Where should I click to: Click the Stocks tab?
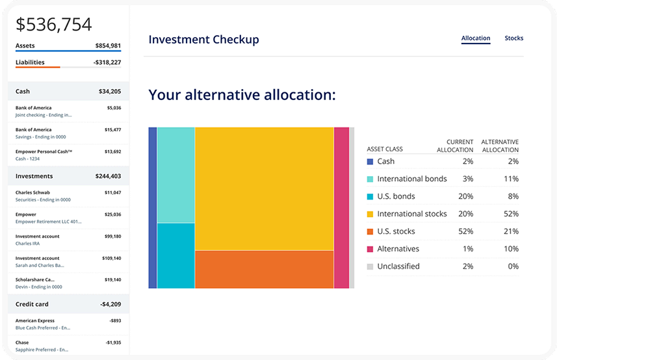tap(513, 38)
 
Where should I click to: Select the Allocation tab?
tap(476, 38)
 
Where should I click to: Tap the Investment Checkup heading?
tap(203, 40)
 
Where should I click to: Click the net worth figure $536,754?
tap(54, 25)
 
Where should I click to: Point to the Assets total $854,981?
tap(108, 45)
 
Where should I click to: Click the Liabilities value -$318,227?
tap(107, 62)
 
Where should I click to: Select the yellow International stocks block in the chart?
tap(264, 188)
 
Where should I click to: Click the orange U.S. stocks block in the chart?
tap(264, 269)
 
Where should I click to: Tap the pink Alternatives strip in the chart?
tap(341, 207)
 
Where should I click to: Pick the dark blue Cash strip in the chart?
tap(153, 207)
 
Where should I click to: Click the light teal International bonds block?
tap(175, 175)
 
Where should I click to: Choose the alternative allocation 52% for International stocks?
tap(510, 214)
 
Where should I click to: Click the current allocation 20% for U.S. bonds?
tap(465, 196)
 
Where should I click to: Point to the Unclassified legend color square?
tap(370, 266)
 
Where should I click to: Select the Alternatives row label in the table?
tap(398, 249)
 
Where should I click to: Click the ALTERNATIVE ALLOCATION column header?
tap(499, 146)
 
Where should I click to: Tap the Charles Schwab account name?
tap(32, 192)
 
